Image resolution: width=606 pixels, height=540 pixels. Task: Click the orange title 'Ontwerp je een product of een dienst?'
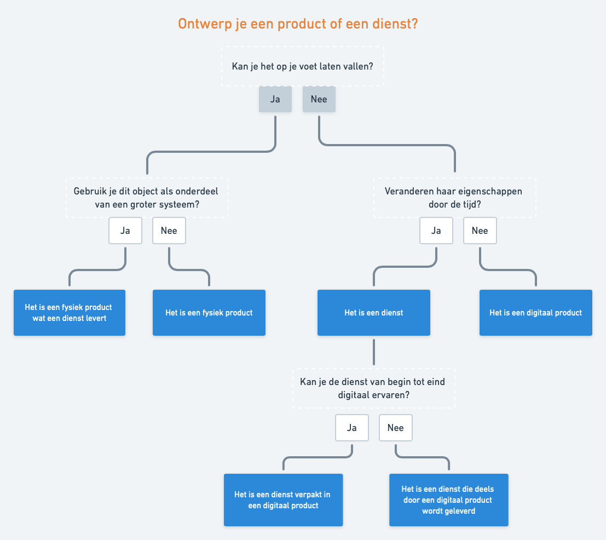(298, 24)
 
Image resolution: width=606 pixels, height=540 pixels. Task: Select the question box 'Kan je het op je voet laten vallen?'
(303, 66)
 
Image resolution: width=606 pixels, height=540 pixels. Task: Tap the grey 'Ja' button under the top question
(275, 99)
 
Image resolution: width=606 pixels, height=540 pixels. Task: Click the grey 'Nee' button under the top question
(319, 99)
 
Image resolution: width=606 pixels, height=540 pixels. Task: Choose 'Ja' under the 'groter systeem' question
(125, 231)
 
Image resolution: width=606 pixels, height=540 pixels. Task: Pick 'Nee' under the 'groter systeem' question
(169, 231)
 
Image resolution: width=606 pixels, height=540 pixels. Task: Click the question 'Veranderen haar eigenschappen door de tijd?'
(454, 197)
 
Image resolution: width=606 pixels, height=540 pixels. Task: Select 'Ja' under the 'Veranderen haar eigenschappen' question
(436, 231)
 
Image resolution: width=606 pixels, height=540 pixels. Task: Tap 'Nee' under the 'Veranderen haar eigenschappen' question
(480, 231)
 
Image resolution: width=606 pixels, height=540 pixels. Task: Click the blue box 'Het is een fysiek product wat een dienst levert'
(70, 313)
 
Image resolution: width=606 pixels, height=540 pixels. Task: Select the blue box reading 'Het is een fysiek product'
(209, 313)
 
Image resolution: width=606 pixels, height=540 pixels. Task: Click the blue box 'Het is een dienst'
(374, 313)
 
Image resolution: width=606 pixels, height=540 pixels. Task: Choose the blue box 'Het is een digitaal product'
(536, 313)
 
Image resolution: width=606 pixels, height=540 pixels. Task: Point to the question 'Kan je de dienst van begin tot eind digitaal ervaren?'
(373, 388)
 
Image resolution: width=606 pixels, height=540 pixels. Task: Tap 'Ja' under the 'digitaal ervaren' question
(352, 428)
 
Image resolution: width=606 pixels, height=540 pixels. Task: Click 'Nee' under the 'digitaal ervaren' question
(396, 428)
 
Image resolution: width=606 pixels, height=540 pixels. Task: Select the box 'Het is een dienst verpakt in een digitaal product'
(283, 500)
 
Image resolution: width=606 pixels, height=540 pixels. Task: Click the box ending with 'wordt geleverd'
(449, 500)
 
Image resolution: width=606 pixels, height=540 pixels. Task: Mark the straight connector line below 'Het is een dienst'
(374, 352)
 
